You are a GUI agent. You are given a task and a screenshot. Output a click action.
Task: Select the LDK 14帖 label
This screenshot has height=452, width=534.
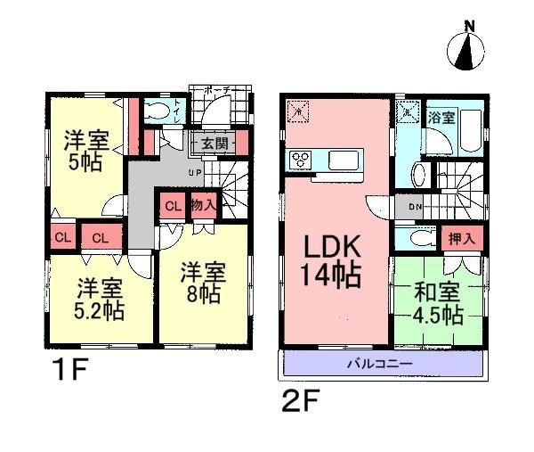pos(335,259)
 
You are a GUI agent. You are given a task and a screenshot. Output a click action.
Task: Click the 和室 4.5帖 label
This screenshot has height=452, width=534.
pos(436,303)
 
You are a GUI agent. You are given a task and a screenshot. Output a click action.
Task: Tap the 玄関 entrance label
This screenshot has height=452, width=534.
pos(213,143)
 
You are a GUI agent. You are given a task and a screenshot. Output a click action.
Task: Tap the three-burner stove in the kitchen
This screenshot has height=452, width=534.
pos(301,160)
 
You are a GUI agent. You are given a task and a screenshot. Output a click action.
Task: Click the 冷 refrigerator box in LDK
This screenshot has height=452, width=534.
pos(298,113)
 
